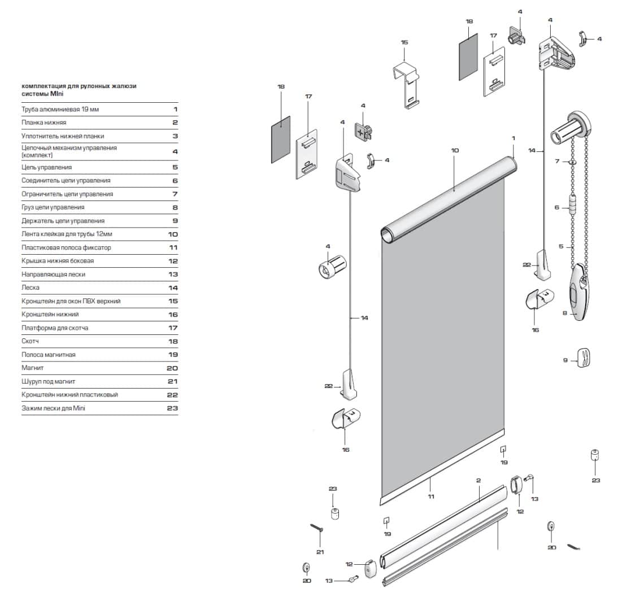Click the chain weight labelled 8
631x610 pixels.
pyautogui.click(x=579, y=294)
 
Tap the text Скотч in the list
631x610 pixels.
pyautogui.click(x=30, y=341)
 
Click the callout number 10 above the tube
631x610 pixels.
pyautogui.click(x=455, y=150)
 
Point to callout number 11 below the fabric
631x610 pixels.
pyautogui.click(x=431, y=496)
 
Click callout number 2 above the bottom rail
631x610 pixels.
pyautogui.click(x=478, y=481)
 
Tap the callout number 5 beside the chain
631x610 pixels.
pyautogui.click(x=561, y=246)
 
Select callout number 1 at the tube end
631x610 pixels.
pyautogui.click(x=513, y=138)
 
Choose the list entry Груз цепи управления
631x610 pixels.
pyautogui.click(x=53, y=207)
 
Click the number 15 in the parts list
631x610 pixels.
pyautogui.click(x=172, y=301)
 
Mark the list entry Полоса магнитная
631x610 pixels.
pyautogui.click(x=48, y=355)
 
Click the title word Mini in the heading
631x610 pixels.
pyautogui.click(x=58, y=94)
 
